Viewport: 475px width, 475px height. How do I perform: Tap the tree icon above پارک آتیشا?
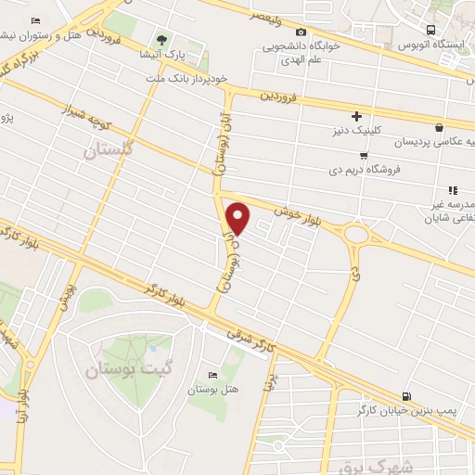162,40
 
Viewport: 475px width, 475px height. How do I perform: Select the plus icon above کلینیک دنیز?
369,116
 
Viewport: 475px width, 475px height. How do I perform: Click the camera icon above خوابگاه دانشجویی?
300,31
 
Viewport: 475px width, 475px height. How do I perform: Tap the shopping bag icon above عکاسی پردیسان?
438,128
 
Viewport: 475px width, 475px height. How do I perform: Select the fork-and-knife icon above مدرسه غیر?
454,190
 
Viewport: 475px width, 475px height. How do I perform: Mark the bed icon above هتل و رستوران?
35,21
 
